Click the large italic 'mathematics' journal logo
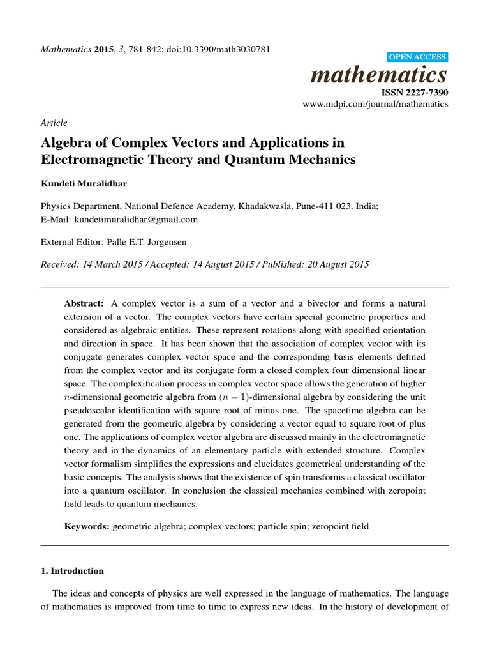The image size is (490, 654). [x=378, y=75]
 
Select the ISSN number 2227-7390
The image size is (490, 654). [x=414, y=93]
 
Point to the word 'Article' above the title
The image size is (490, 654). [x=54, y=123]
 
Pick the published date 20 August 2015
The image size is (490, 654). [x=332, y=264]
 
